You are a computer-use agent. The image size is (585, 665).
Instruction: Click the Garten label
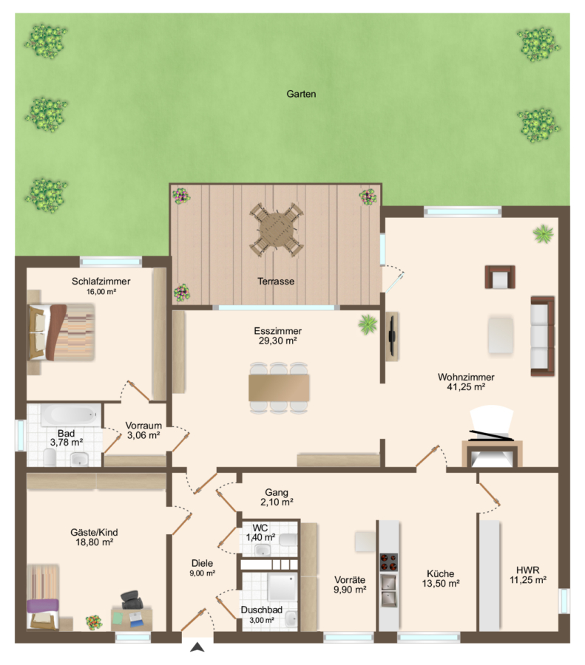click(x=301, y=94)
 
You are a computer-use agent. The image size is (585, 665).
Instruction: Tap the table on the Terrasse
click(x=276, y=229)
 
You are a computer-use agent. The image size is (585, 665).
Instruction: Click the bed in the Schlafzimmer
click(x=61, y=332)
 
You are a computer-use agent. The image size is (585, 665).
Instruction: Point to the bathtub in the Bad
click(x=70, y=415)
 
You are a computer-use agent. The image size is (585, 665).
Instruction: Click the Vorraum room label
click(x=143, y=426)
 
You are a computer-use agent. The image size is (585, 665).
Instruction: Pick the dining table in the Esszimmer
click(x=279, y=387)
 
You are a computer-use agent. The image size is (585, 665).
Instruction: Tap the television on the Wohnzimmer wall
click(x=393, y=337)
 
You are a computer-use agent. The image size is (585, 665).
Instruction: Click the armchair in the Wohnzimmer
click(x=500, y=277)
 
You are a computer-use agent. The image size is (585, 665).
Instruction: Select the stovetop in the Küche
click(x=388, y=563)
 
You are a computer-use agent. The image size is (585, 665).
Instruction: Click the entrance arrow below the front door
click(x=197, y=647)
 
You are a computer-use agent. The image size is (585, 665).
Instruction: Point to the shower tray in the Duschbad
click(x=282, y=587)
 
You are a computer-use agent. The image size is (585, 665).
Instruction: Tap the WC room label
click(x=260, y=528)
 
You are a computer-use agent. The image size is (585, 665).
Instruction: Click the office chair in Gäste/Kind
click(x=132, y=600)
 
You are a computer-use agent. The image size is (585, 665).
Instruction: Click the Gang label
click(x=277, y=492)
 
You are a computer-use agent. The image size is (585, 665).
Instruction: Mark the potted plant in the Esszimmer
click(x=368, y=324)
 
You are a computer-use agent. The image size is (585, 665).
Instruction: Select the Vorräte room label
click(x=350, y=580)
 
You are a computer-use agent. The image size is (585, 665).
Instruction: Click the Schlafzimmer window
click(x=111, y=262)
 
